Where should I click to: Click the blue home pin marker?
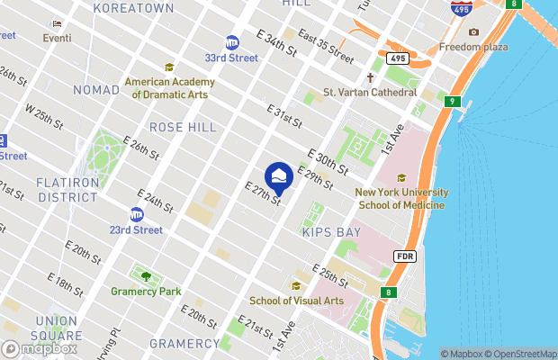(278, 177)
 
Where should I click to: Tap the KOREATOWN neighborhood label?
(135, 8)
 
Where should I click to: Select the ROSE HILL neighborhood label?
(183, 128)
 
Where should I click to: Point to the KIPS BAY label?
(330, 232)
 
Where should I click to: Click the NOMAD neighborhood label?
(96, 90)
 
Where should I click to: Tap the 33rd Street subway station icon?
(232, 42)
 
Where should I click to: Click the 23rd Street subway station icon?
(137, 214)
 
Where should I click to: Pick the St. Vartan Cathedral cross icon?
(369, 77)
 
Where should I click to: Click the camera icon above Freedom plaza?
(473, 32)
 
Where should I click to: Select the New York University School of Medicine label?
(400, 198)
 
